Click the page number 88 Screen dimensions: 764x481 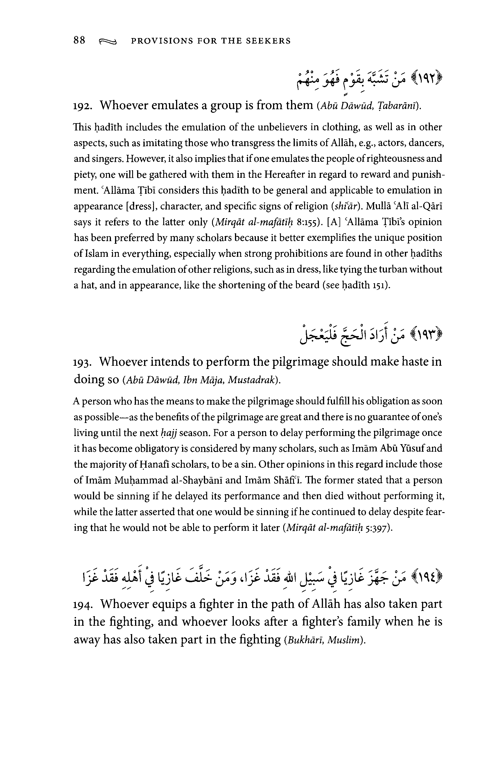79,40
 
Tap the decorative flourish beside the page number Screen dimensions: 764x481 108,41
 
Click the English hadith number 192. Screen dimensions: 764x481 82,106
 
